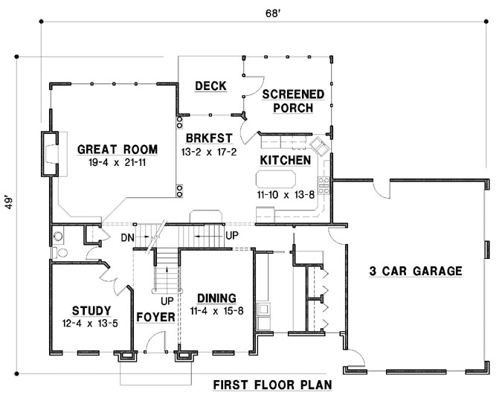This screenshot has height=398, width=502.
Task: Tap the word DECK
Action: tap(210, 86)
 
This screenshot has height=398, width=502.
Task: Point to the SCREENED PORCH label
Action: tap(293, 100)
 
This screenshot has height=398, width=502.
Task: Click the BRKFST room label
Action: tap(207, 138)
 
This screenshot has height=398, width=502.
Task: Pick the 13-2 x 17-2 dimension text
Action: tap(207, 151)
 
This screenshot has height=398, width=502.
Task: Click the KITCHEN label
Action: tap(285, 160)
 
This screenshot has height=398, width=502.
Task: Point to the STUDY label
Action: tap(91, 310)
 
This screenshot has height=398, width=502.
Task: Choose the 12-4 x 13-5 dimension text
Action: tap(91, 324)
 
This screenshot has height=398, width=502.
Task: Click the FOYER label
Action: tap(155, 317)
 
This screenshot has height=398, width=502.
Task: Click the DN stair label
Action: tap(127, 237)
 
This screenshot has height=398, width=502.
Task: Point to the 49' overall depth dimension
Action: tap(8, 208)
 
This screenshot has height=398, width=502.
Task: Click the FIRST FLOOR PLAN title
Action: tap(271, 385)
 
